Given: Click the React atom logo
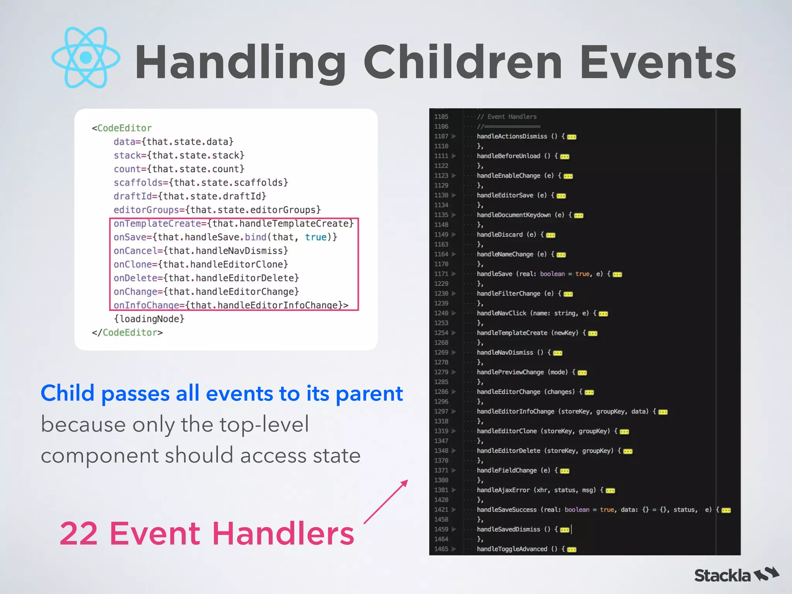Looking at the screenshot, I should tap(86, 58).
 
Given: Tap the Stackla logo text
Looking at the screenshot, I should tap(722, 576).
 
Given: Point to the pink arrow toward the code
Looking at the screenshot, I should tap(386, 502).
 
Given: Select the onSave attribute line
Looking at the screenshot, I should tap(225, 237).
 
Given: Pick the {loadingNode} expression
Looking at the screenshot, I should tap(149, 319).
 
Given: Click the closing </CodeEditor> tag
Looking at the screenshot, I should tap(127, 333).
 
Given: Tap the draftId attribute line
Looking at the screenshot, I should tap(189, 196).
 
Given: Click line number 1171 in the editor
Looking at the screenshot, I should tap(441, 274).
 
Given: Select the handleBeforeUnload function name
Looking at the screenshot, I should tap(508, 156).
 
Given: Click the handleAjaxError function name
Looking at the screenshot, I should tap(503, 490).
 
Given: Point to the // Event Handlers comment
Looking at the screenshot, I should tap(507, 117).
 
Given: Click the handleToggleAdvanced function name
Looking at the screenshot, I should tap(512, 549).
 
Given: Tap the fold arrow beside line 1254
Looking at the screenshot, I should tap(454, 333).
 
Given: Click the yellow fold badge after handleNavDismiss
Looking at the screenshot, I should tap(558, 353).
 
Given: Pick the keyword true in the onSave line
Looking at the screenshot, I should tap(316, 237).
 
